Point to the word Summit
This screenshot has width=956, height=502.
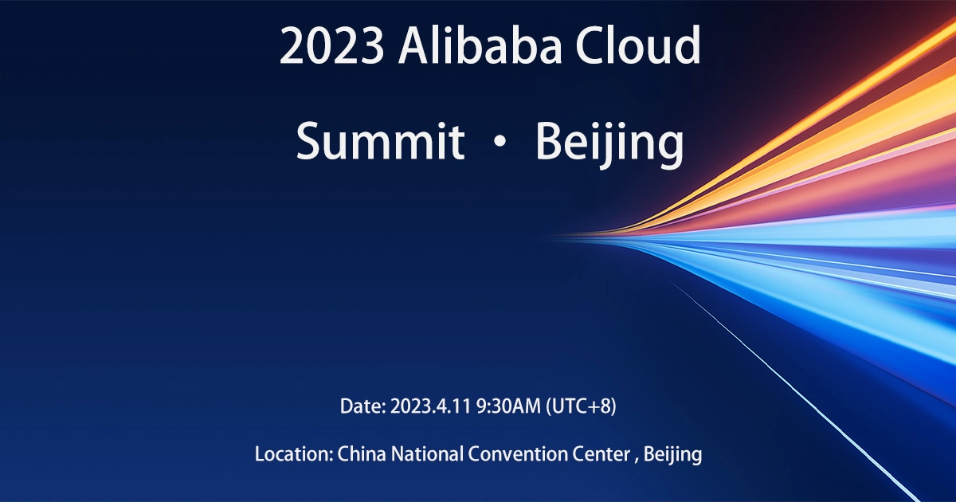pos(380,142)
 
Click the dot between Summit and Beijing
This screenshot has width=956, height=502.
pos(500,143)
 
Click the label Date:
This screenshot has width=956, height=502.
pos(362,406)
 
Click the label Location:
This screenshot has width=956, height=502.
pos(293,455)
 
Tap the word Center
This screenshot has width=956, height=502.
pos(601,455)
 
